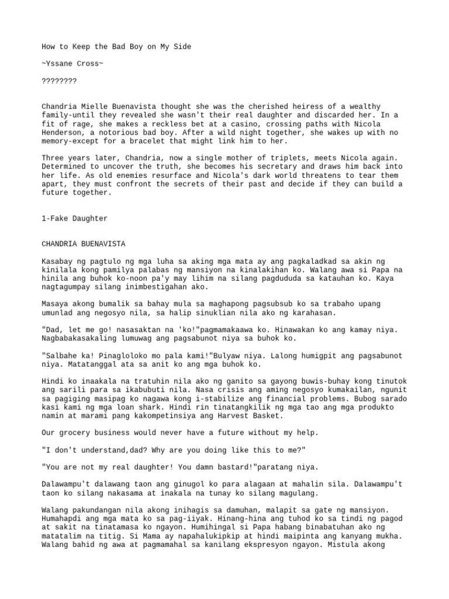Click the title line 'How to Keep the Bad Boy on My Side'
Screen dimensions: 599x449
click(x=116, y=47)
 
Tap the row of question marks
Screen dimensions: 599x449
click(x=59, y=80)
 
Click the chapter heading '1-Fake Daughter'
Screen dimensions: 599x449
click(x=75, y=218)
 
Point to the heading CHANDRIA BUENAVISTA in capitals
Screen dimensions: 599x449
click(x=84, y=243)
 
